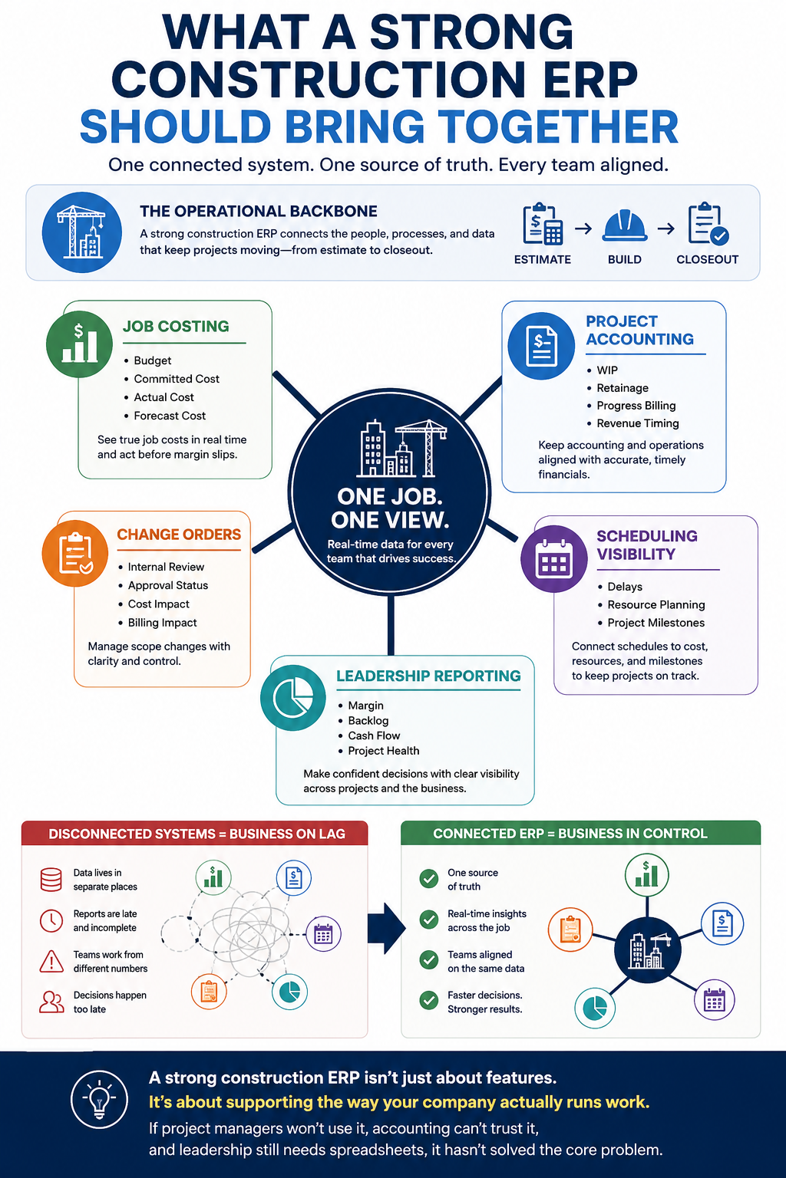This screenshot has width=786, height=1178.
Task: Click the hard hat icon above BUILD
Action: (x=624, y=226)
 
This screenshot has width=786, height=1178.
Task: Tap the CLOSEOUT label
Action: (x=707, y=259)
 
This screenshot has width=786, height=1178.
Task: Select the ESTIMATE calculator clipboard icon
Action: (x=543, y=224)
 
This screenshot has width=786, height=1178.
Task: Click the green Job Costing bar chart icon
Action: (x=80, y=344)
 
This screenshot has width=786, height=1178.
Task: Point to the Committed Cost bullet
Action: (x=177, y=379)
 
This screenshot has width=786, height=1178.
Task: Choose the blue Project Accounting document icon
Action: (x=541, y=346)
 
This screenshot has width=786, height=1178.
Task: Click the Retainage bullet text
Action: (x=623, y=388)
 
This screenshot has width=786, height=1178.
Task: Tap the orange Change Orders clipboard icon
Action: (x=75, y=553)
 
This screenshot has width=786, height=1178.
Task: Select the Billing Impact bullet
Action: (x=162, y=623)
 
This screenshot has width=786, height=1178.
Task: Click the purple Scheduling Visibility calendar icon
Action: (x=554, y=559)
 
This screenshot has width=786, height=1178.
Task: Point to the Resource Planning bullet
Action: (x=656, y=605)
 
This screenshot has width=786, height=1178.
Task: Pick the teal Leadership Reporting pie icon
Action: (x=292, y=698)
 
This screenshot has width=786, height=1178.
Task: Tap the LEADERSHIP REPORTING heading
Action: (x=428, y=676)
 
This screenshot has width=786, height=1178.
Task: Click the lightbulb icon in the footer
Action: (x=99, y=1099)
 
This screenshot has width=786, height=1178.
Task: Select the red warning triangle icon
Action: (x=51, y=961)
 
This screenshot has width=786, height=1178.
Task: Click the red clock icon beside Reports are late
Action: (x=51, y=921)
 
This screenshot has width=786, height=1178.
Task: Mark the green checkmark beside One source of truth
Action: (x=429, y=878)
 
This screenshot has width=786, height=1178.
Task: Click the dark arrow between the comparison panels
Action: (x=386, y=929)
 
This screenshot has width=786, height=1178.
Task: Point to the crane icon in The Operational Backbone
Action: (x=81, y=232)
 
